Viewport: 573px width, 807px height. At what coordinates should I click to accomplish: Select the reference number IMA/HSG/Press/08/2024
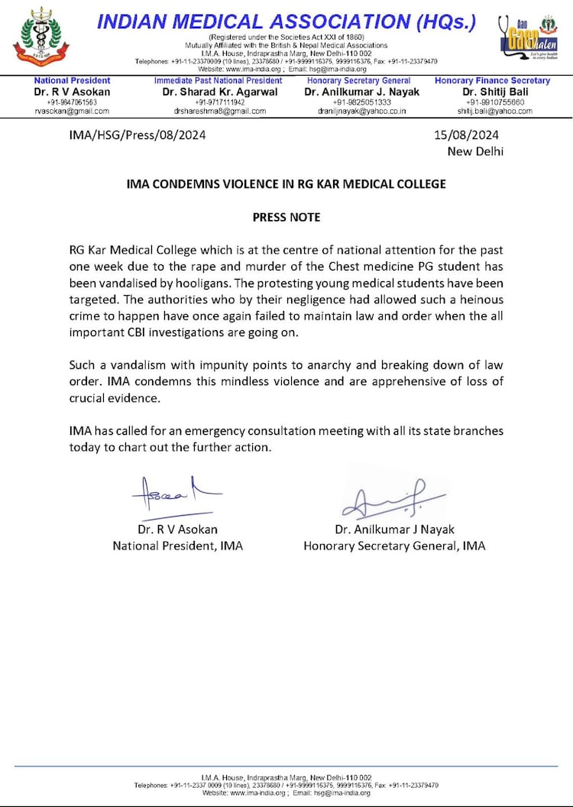(138, 135)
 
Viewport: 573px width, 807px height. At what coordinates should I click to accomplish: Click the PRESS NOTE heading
(286, 217)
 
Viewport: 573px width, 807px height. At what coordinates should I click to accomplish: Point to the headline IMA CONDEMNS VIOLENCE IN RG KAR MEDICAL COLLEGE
(286, 184)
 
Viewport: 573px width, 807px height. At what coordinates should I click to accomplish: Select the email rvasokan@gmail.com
(72, 111)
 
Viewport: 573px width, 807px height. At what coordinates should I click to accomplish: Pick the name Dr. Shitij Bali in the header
(492, 92)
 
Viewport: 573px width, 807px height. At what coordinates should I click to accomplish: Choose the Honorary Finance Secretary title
(492, 80)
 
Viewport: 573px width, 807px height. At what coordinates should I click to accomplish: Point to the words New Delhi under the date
(475, 151)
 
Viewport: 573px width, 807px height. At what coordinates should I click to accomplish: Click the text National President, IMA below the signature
(178, 546)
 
